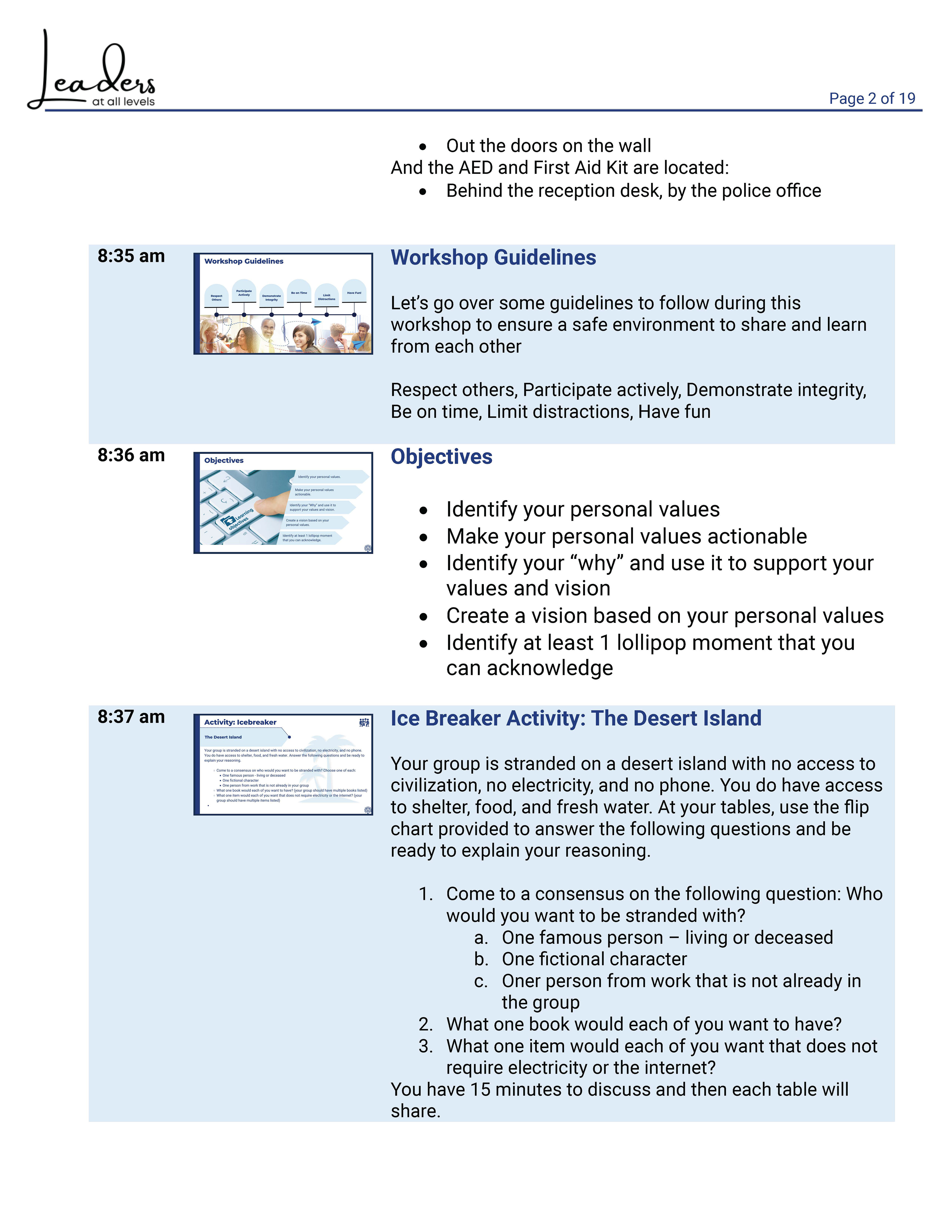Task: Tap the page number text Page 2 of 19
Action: click(x=872, y=98)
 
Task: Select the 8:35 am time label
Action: click(x=131, y=256)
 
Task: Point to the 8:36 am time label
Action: click(x=131, y=455)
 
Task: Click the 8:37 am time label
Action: click(x=131, y=717)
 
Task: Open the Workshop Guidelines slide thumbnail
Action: click(x=283, y=303)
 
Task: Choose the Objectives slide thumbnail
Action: click(x=283, y=503)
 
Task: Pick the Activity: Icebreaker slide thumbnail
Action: click(x=283, y=764)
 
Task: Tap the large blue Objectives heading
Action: click(x=441, y=457)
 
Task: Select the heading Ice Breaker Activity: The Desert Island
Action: click(x=576, y=718)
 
